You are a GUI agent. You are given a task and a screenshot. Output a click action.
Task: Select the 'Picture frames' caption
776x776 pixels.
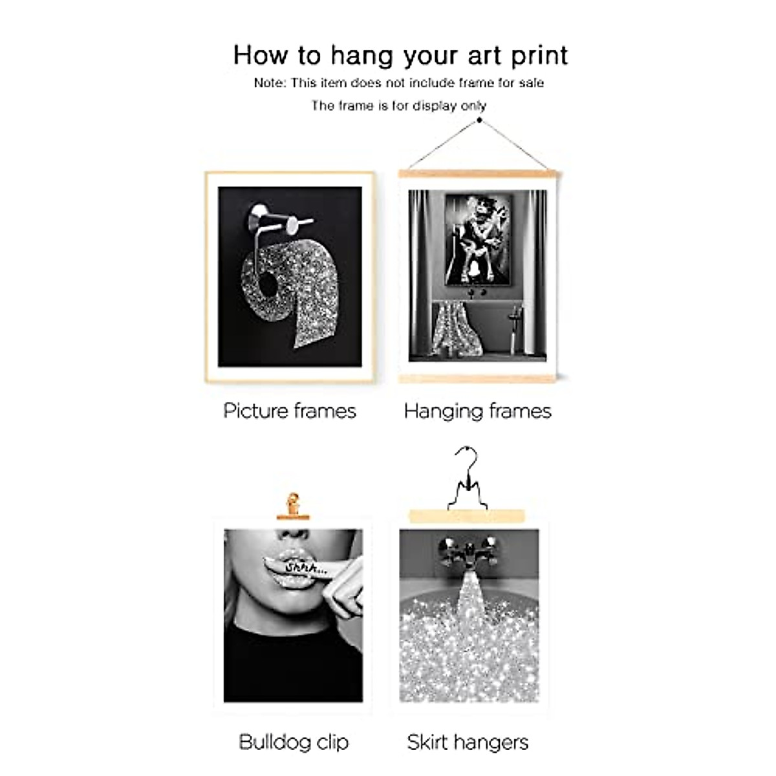pos(290,411)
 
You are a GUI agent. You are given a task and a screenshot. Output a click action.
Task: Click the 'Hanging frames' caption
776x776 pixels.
pos(477,411)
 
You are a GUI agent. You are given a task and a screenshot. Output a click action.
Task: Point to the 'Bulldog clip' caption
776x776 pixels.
pos(294,742)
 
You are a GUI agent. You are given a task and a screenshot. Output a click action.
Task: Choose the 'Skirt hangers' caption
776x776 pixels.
pos(468,742)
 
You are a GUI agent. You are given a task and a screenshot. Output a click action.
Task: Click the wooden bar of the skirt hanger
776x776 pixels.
pos(467,515)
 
